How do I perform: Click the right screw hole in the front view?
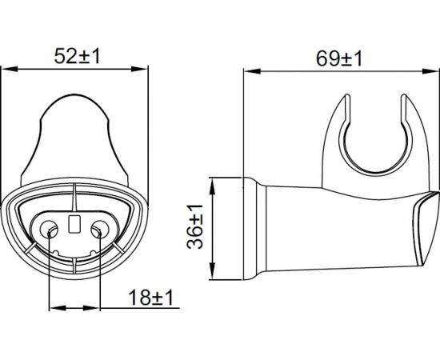[98, 230]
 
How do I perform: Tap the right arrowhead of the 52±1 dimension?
[143, 70]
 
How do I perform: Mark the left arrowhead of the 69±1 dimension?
[248, 70]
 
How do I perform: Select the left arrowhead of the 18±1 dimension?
[54, 307]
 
